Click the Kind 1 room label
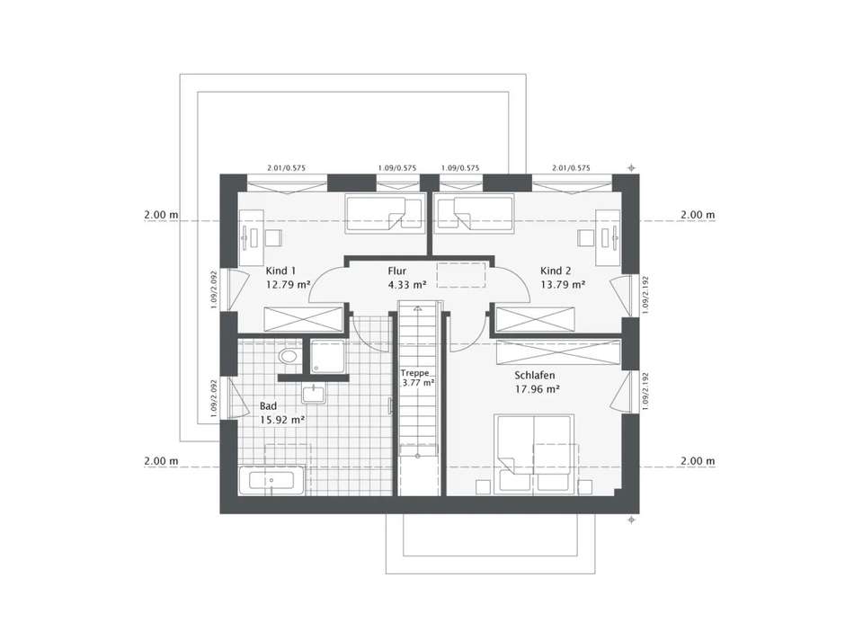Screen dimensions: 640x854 [x=280, y=271]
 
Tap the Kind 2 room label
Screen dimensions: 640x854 [x=556, y=271]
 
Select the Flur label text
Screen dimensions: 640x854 [x=397, y=271]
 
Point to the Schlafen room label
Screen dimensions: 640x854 [x=535, y=376]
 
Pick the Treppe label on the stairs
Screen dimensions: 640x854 [x=414, y=372]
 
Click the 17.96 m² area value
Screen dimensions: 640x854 [x=538, y=389]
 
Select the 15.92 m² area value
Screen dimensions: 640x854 [x=281, y=419]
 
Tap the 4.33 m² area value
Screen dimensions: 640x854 [x=405, y=284]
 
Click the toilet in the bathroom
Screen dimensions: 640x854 [x=289, y=358]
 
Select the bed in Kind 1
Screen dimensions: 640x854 [x=384, y=215]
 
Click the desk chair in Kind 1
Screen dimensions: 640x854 [x=273, y=237]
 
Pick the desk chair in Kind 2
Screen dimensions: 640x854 [x=585, y=237]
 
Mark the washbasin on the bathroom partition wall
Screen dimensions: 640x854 [x=314, y=394]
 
